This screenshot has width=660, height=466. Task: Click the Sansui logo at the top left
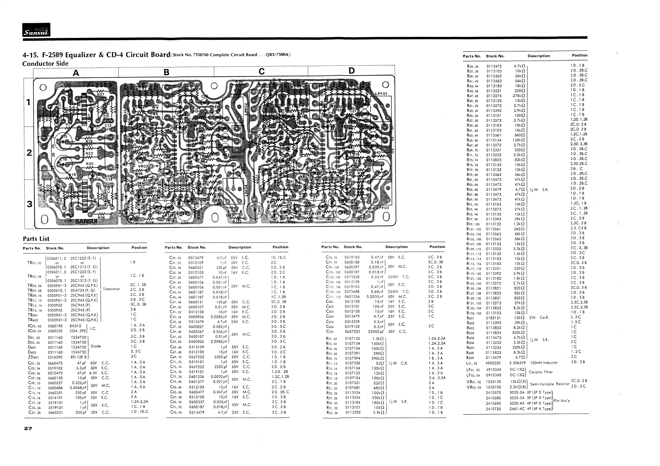(36, 30)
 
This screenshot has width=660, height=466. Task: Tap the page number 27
(28, 429)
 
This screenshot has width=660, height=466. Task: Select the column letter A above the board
(76, 73)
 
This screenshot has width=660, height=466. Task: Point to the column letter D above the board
(351, 71)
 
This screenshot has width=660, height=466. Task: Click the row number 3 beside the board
(29, 204)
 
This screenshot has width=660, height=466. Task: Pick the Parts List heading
(36, 239)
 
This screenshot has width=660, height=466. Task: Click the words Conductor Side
(45, 64)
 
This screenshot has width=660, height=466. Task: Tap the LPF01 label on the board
(382, 94)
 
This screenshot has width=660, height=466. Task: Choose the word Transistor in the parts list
(111, 289)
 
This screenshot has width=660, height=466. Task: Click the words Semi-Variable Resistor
(550, 384)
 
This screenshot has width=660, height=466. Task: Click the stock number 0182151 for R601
(493, 318)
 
